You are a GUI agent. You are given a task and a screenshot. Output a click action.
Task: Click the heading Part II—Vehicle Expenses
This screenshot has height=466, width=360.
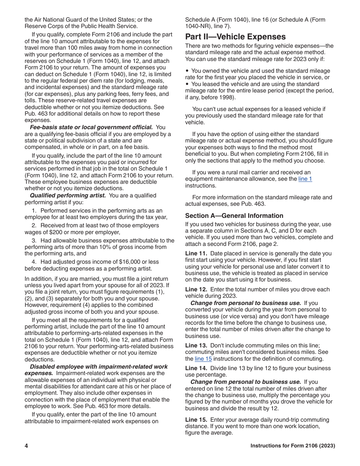click(235, 37)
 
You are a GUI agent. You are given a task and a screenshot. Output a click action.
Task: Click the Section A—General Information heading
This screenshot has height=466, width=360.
click(234, 216)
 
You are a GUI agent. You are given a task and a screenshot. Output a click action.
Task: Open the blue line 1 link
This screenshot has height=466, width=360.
click(305, 179)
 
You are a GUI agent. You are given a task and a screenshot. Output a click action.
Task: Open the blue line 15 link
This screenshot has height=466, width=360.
click(203, 359)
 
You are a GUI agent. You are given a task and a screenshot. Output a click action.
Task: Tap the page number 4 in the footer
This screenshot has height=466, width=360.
click(27, 446)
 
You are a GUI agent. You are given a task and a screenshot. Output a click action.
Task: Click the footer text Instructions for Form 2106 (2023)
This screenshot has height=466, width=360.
click(293, 446)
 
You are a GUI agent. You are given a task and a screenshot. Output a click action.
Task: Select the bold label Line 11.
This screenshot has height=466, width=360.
click(196, 253)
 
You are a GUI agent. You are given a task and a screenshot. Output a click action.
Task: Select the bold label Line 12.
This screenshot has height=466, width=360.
click(196, 289)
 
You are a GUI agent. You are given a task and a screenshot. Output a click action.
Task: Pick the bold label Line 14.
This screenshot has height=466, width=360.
click(196, 368)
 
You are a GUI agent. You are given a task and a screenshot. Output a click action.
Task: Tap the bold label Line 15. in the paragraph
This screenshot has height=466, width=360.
click(196, 420)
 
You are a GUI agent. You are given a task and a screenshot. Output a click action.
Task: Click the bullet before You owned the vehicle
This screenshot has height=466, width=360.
click(187, 71)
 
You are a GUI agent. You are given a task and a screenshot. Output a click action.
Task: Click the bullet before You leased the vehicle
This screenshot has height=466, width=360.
click(187, 84)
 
